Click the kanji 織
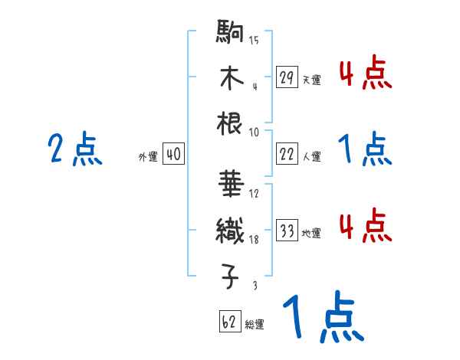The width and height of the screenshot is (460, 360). pos(231,228)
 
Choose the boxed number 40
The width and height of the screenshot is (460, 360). pos(173,155)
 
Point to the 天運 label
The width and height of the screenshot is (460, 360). pos(311,79)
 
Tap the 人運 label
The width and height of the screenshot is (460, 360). pos(311,156)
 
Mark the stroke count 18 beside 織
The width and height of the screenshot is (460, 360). pos(254,240)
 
